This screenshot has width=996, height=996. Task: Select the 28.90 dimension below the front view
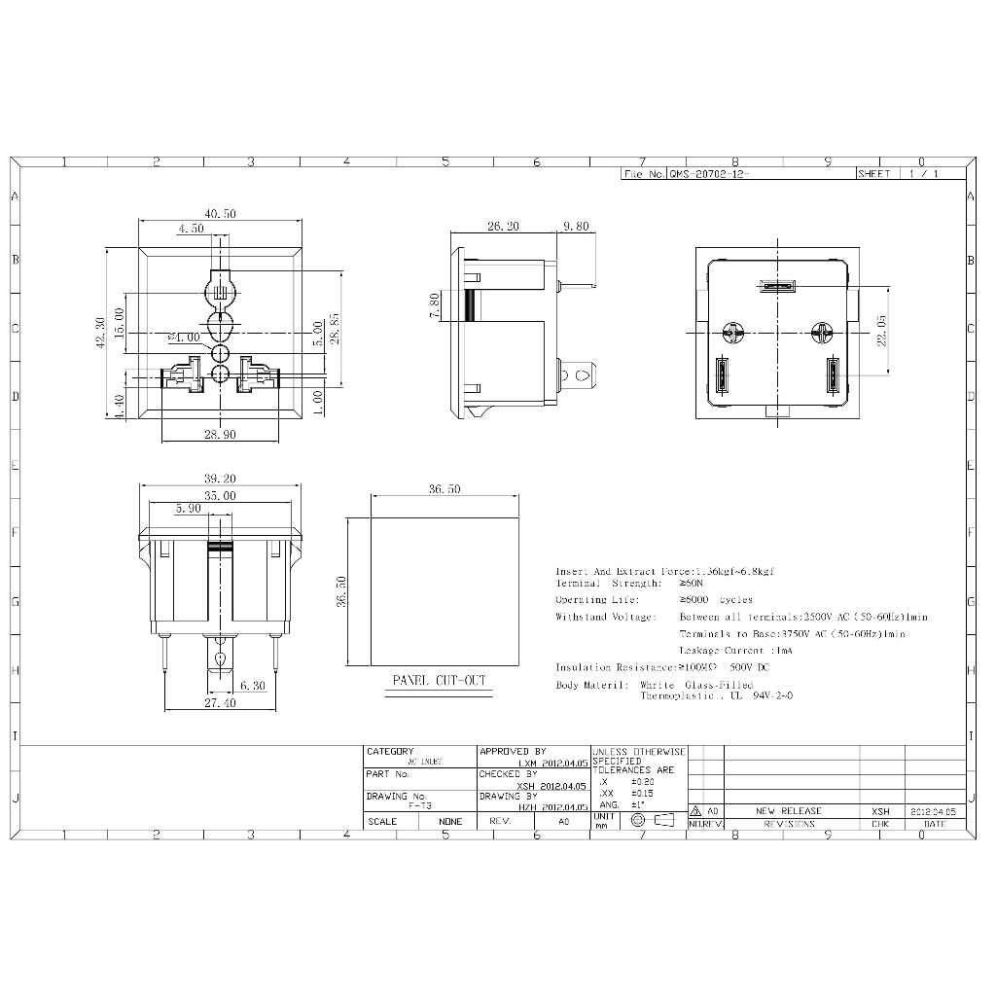220,435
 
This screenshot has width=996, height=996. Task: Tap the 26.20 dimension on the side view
503,226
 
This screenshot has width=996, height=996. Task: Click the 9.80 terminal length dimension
576,226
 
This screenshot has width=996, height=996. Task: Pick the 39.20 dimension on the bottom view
220,479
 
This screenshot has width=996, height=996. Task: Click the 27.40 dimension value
219,702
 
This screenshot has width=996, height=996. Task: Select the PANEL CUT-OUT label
438,681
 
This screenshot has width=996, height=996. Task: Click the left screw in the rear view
733,333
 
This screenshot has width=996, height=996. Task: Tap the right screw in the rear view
823,333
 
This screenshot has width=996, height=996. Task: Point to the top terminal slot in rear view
778,287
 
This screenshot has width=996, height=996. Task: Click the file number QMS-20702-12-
709,174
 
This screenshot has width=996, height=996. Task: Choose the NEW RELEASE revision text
788,810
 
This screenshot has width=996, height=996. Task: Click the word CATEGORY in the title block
390,752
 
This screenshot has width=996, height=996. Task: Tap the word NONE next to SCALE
450,821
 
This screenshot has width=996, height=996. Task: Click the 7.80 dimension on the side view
434,307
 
